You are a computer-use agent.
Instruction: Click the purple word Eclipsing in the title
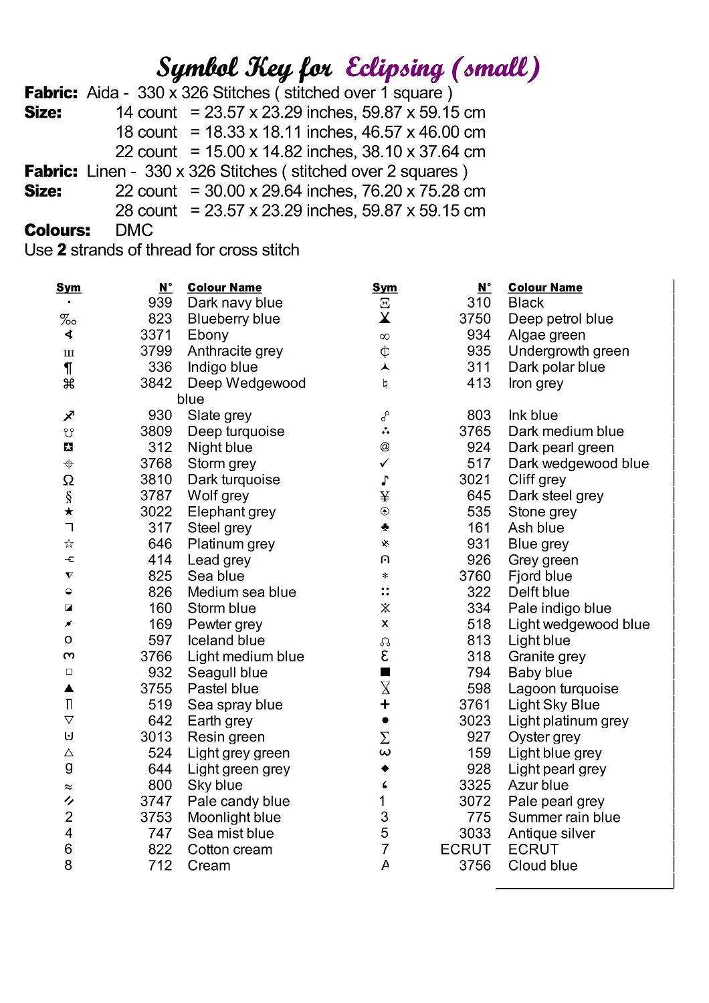[395, 68]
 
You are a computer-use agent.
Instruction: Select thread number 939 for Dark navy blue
[160, 303]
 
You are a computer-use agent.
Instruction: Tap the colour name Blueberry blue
[233, 319]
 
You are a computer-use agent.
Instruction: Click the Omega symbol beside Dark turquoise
[68, 480]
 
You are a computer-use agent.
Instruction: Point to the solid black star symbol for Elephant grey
[68, 512]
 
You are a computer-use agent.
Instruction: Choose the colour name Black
[526, 303]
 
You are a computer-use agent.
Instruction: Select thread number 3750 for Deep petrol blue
[475, 319]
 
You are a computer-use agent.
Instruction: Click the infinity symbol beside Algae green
[385, 336]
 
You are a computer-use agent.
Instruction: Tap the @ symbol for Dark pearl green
[385, 447]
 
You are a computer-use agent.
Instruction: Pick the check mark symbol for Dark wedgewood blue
[385, 463]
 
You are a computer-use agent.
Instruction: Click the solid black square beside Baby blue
[385, 672]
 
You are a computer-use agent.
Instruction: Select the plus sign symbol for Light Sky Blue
[385, 704]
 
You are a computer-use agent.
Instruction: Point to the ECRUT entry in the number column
[466, 849]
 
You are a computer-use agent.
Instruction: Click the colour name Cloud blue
[542, 865]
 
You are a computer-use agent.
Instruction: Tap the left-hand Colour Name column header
[224, 288]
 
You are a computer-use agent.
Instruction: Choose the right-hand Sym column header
[385, 288]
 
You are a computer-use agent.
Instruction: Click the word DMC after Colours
[134, 231]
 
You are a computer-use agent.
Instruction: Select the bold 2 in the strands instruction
[62, 250]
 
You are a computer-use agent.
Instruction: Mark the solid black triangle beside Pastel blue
[68, 688]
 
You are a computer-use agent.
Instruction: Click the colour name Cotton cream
[229, 849]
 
